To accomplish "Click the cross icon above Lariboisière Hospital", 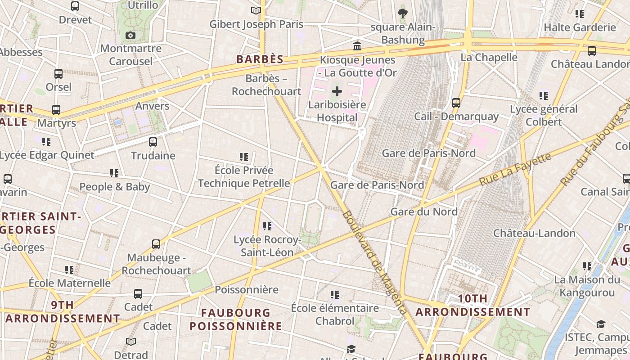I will pyautogui.click(x=337, y=92).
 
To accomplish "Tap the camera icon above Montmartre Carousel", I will pyautogui.click(x=130, y=35).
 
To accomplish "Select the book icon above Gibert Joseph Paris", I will pyautogui.click(x=256, y=10).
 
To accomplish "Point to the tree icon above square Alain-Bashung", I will pyautogui.click(x=403, y=13).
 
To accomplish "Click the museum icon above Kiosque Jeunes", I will pyautogui.click(x=357, y=46).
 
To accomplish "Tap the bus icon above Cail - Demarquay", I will pyautogui.click(x=456, y=103).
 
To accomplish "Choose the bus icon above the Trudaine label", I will pyautogui.click(x=153, y=142).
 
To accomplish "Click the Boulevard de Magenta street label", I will pyautogui.click(x=374, y=262).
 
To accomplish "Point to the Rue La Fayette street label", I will pyautogui.click(x=515, y=169).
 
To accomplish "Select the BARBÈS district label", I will pyautogui.click(x=260, y=59).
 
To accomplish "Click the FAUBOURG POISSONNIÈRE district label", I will pyautogui.click(x=236, y=319).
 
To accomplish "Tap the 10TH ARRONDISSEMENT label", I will pyautogui.click(x=472, y=305).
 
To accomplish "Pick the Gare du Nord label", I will pyautogui.click(x=424, y=211).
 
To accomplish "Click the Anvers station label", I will pyautogui.click(x=153, y=106).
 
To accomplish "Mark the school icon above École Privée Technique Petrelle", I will pyautogui.click(x=244, y=157).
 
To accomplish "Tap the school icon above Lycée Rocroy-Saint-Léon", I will pyautogui.click(x=267, y=226).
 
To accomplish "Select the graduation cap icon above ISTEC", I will pyautogui.click(x=600, y=324).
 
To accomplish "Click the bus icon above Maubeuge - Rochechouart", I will pyautogui.click(x=156, y=244).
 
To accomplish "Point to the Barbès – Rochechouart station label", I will pyautogui.click(x=266, y=85).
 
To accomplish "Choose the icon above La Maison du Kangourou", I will pyautogui.click(x=587, y=266).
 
